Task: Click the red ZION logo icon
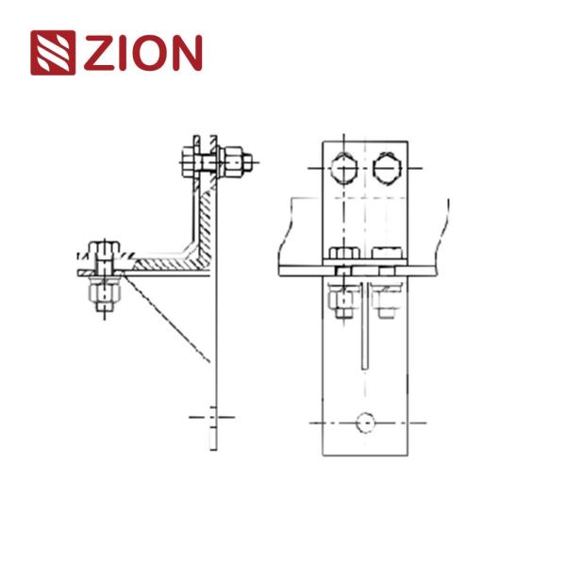click(54, 54)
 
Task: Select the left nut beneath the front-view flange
click(342, 299)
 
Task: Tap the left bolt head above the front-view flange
click(342, 253)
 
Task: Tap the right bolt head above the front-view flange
click(388, 253)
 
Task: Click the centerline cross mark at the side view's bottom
click(213, 415)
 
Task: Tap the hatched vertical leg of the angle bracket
click(205, 212)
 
